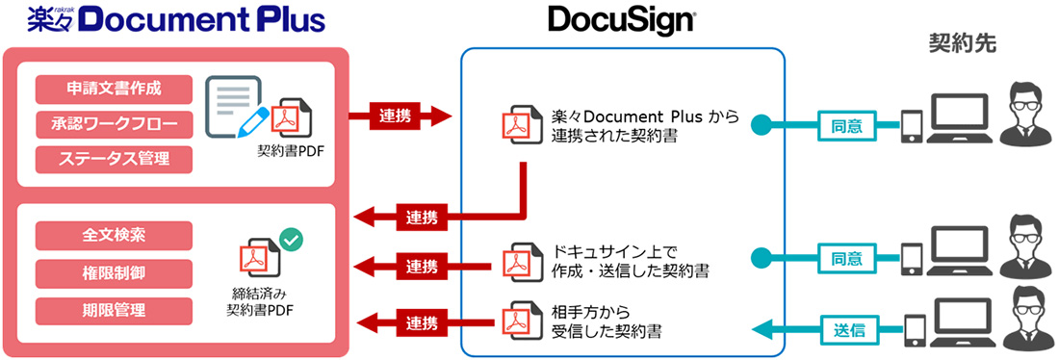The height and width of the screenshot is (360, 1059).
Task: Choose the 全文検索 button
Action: tap(114, 235)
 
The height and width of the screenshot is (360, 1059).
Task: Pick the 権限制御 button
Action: tap(114, 273)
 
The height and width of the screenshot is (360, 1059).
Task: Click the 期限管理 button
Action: tap(114, 311)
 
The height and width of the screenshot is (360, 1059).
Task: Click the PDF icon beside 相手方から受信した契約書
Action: tap(516, 321)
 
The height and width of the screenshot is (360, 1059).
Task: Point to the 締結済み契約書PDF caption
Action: tap(260, 301)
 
